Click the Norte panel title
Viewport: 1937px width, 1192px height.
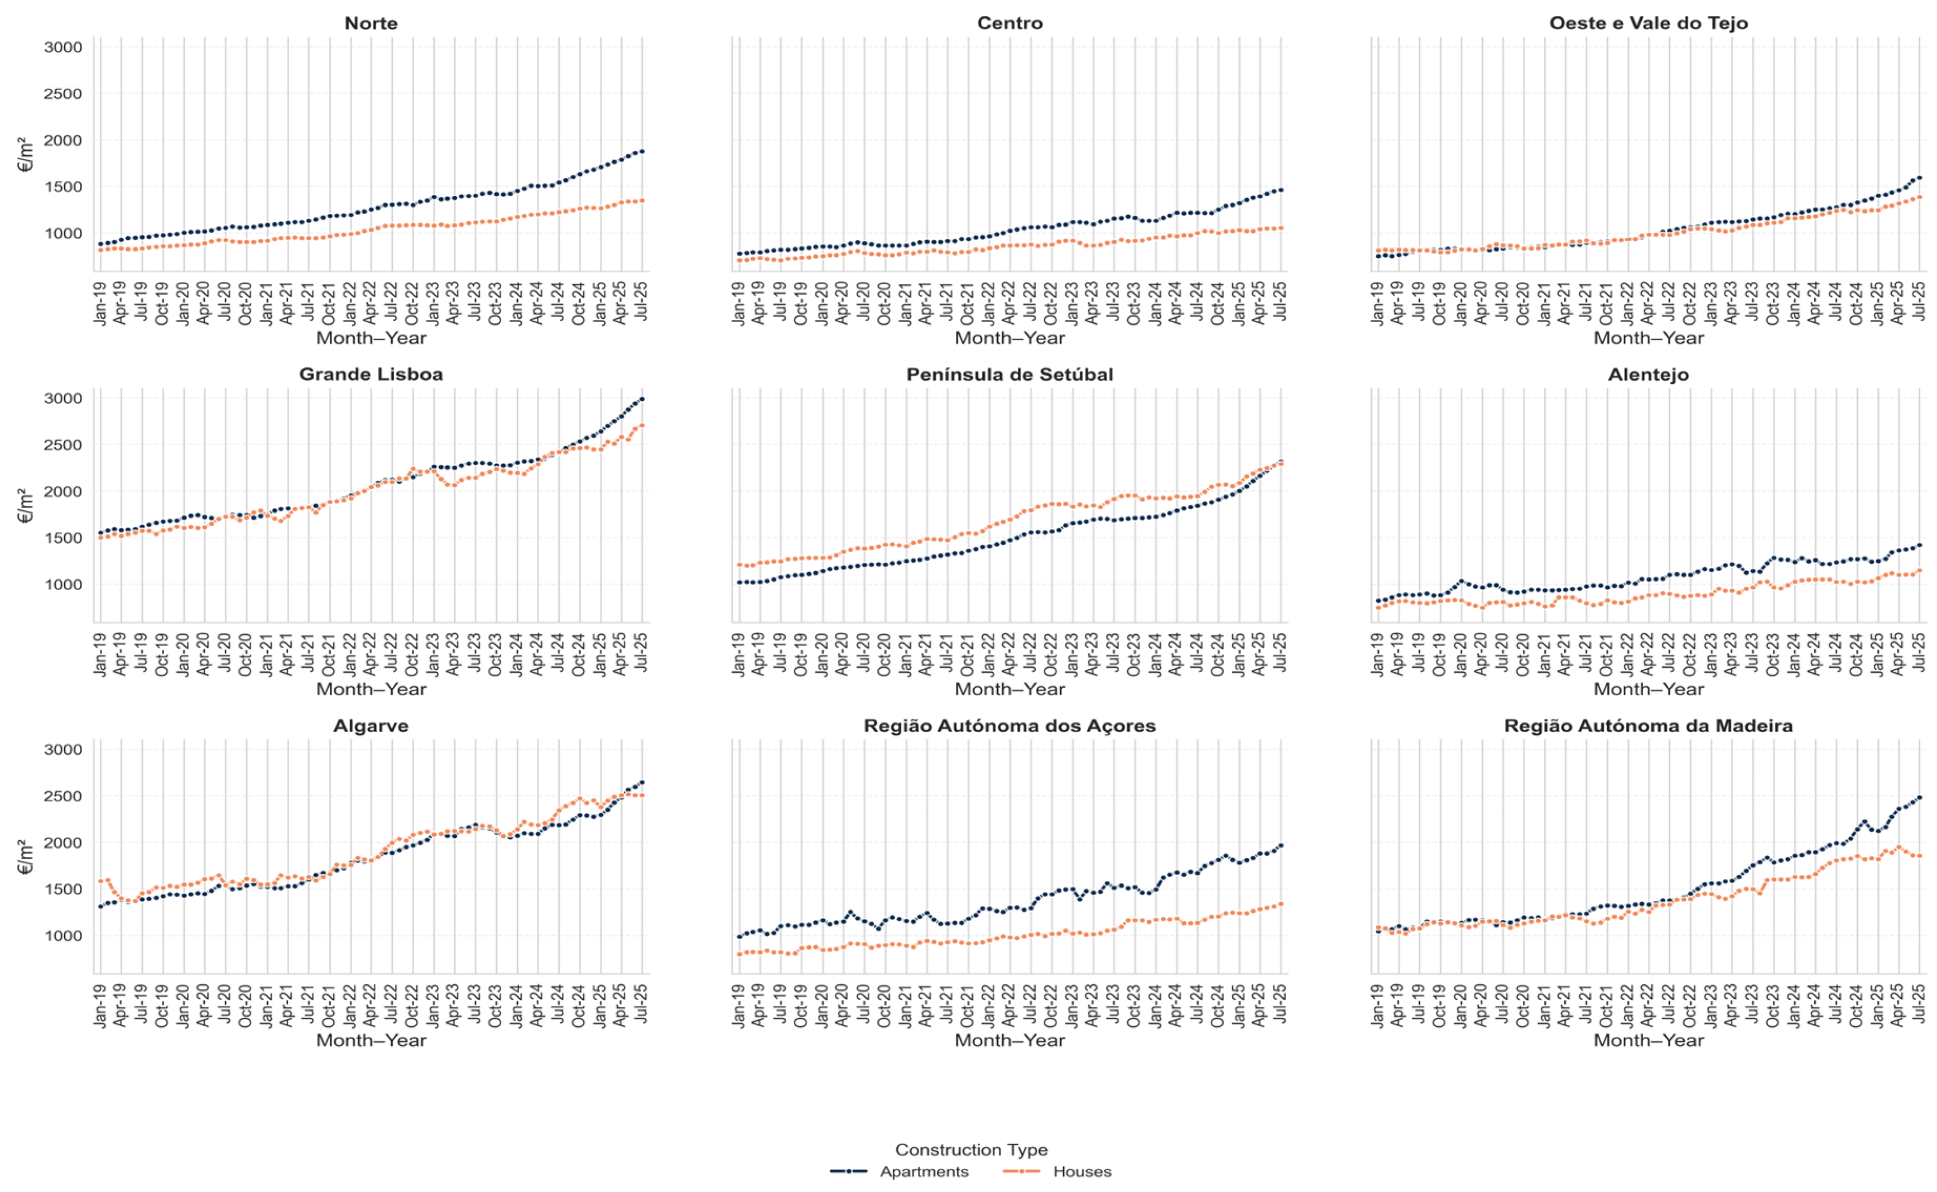coord(371,23)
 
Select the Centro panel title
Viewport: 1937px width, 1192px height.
coord(1010,23)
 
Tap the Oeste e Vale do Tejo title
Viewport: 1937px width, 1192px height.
coord(1648,23)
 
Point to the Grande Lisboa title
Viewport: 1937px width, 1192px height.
coord(371,375)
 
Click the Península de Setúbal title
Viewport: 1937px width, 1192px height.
coord(1010,375)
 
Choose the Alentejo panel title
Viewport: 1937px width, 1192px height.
coord(1648,375)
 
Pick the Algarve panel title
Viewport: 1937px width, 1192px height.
coord(371,725)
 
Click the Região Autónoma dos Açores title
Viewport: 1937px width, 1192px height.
coord(1010,725)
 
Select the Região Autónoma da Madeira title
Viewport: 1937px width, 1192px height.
coord(1648,725)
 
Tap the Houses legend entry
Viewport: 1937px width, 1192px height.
coord(1058,1171)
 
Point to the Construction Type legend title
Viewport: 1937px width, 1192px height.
coord(971,1150)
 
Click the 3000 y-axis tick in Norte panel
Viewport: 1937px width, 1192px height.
coord(63,47)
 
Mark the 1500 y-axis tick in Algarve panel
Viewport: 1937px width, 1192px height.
coord(63,889)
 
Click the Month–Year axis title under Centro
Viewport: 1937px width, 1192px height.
coord(1010,338)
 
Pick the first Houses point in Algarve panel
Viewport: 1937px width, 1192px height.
coord(100,880)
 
